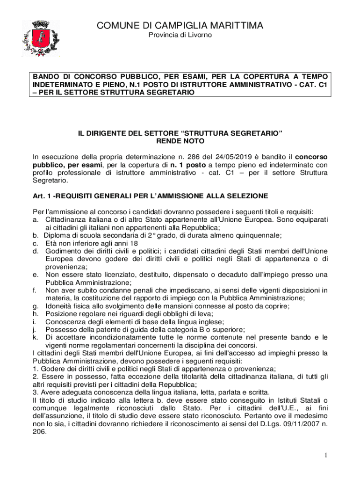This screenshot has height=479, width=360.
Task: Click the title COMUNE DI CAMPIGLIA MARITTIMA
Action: coord(180,25)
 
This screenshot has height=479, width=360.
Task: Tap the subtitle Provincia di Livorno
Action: coord(180,36)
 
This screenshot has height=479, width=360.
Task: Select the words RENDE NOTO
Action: coord(180,141)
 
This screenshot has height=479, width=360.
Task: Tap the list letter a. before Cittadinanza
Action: coord(36,219)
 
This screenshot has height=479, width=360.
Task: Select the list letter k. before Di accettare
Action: coord(36,337)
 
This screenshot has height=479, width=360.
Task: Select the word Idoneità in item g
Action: coord(59,306)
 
